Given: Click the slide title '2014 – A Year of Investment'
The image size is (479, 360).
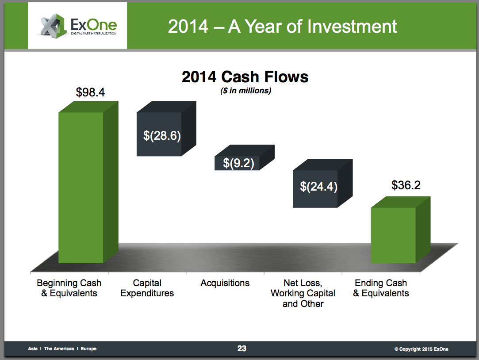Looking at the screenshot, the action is (282, 26).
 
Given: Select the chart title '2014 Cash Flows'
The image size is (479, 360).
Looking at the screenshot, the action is (245, 77).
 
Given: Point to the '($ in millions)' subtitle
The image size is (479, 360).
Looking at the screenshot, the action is (245, 91).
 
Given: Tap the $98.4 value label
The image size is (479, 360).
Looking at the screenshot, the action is (90, 92).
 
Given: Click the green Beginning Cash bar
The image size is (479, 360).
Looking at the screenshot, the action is (88, 182).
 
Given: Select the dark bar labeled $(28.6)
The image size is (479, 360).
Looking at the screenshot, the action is (166, 129).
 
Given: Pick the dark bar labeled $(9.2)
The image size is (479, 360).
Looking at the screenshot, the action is (245, 157).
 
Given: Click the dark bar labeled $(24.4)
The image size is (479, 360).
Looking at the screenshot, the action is (322, 183).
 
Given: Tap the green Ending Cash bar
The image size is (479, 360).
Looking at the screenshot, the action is (400, 230).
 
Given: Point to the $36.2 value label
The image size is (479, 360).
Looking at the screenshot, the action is (406, 185).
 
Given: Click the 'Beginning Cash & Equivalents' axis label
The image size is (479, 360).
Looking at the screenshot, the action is (69, 288).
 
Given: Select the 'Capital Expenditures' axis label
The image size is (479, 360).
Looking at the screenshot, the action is (147, 288).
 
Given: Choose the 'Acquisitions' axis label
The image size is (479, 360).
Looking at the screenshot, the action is (225, 283).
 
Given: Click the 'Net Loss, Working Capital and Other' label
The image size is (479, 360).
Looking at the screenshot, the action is (303, 293).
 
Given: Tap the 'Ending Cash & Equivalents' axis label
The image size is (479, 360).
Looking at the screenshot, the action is (381, 288).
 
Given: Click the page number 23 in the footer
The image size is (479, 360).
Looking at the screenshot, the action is (241, 349).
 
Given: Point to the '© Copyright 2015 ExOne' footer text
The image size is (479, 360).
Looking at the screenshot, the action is (421, 349).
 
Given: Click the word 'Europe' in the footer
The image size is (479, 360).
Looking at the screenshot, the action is (88, 349).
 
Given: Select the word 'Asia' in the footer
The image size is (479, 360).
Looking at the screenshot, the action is (33, 349).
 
